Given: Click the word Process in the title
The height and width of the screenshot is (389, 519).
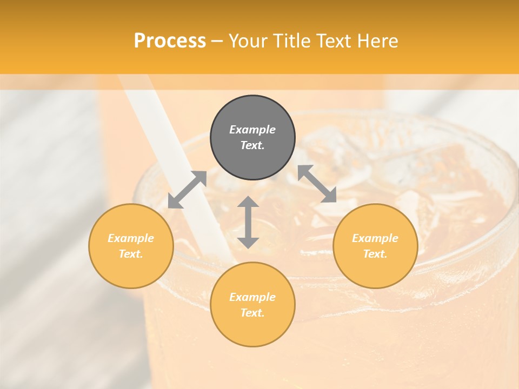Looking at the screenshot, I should point(170,41).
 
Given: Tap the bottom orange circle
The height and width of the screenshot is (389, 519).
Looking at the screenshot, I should point(252,327).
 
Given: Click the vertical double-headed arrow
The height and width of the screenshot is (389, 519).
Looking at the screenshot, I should point(248,222).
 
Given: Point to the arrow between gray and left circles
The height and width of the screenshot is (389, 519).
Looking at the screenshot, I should point(187,190).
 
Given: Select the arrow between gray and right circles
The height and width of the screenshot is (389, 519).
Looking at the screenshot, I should point(317,184).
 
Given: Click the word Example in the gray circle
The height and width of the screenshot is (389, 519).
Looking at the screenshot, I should point(252,130).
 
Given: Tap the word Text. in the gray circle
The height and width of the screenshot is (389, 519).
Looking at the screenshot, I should point(252,145).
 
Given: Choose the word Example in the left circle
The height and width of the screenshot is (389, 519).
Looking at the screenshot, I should point(131,238).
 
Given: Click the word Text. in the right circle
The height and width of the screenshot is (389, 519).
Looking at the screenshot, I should point(375,254).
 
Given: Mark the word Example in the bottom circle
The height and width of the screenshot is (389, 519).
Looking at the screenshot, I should point(252,297).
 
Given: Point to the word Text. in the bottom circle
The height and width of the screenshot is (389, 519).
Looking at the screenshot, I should point(252,313).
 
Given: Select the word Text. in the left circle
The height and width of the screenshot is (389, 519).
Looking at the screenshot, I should point(131,254).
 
